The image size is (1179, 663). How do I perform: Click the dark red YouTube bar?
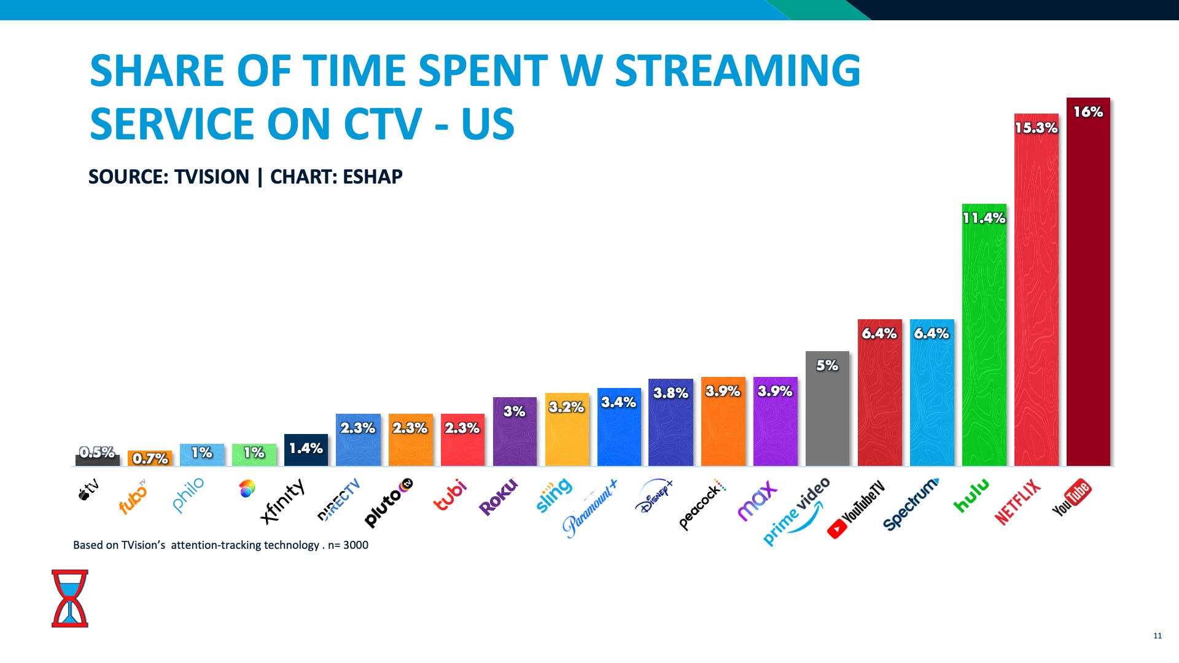coord(1088,289)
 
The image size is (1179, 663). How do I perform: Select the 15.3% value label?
coord(1036,128)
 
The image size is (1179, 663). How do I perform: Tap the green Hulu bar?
coord(984,344)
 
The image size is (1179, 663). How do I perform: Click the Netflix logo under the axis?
coord(1018,502)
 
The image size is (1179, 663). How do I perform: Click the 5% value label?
coord(827,365)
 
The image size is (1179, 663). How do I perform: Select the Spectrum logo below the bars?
coord(911,503)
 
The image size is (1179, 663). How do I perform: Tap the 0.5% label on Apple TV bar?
coord(97,452)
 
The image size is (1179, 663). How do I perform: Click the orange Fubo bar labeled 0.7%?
coord(150,459)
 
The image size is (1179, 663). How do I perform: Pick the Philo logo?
coord(188,495)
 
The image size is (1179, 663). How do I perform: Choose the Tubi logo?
coord(450,495)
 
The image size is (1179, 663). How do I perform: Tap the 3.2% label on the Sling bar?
coord(566,407)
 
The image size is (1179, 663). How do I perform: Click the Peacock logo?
coord(702,505)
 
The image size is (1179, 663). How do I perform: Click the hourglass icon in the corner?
coord(69,598)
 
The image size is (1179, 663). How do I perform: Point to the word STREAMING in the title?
coord(737,70)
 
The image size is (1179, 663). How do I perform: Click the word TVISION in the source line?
coord(211,177)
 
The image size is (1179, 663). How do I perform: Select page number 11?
coord(1158,635)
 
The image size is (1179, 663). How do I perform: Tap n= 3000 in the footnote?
coord(348,545)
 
